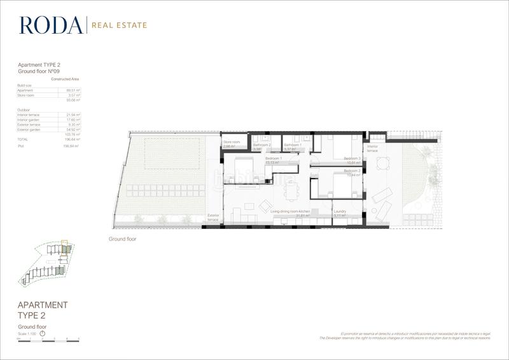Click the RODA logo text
[x=51, y=25]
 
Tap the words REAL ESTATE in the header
[x=120, y=25]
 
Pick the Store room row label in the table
[x=25, y=95]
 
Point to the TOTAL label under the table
[x=23, y=139]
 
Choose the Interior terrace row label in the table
[x=29, y=114]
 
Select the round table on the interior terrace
[x=382, y=165]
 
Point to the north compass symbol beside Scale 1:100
[x=43, y=333]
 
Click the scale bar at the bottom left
[x=48, y=340]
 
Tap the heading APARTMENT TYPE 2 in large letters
[x=42, y=310]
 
